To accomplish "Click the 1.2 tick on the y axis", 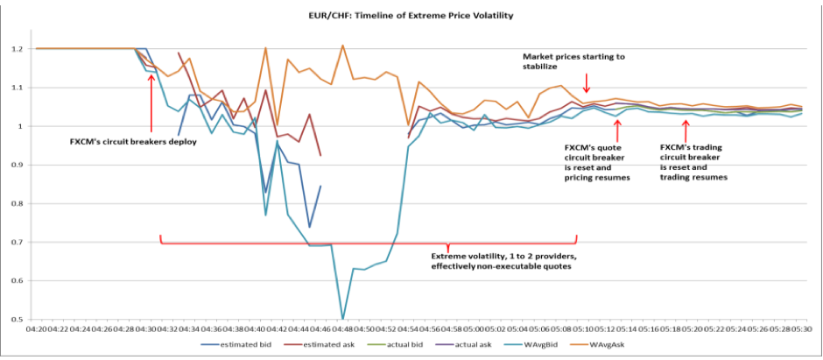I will click(x=18, y=49).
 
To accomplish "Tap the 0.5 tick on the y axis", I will click(x=18, y=319).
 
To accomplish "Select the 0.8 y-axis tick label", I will click(x=18, y=203).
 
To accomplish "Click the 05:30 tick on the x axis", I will click(x=801, y=329).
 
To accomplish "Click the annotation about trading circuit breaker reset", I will click(x=693, y=163).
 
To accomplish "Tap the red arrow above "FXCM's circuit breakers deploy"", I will click(x=152, y=96).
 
